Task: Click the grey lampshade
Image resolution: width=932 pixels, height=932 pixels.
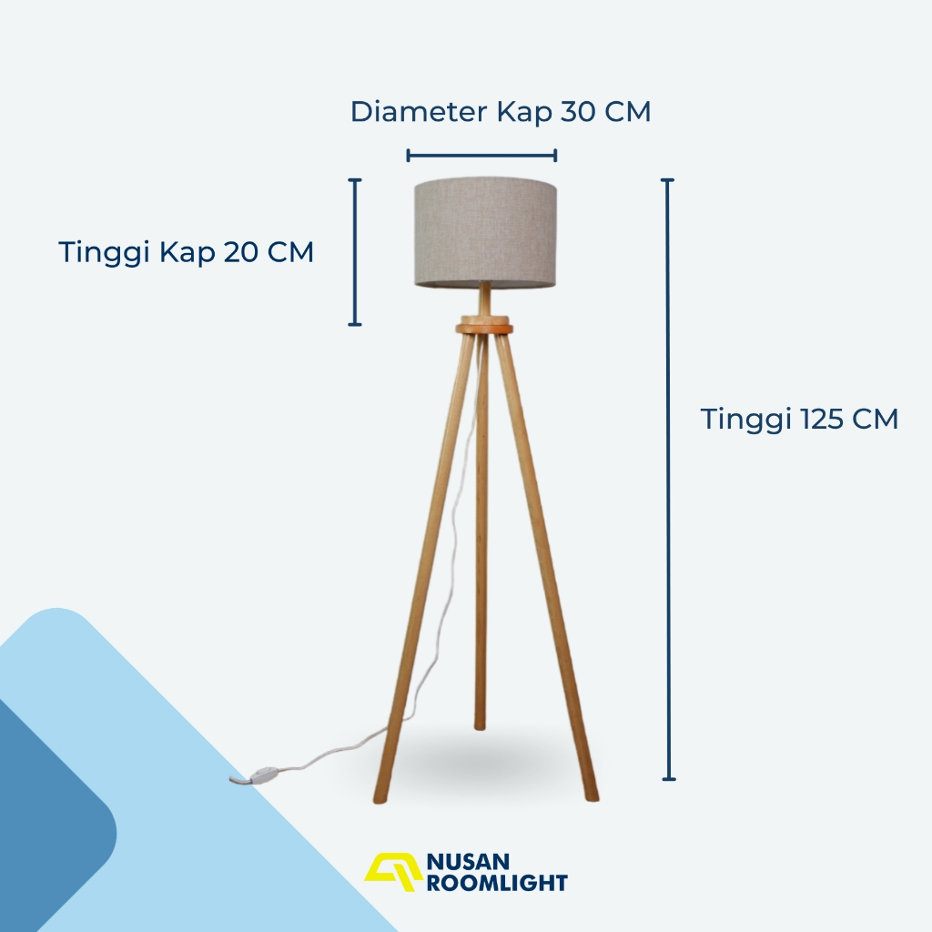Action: [x=485, y=232]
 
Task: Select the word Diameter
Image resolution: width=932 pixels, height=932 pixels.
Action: [x=419, y=112]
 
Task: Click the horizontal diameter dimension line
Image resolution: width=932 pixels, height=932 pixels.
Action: [x=481, y=156]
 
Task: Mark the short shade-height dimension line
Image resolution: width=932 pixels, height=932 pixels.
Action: [x=355, y=252]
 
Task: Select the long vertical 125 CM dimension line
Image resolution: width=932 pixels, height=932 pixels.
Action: [x=668, y=479]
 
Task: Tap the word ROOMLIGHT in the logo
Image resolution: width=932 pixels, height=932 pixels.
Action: [x=498, y=883]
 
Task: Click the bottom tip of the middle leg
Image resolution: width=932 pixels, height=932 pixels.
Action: [x=480, y=726]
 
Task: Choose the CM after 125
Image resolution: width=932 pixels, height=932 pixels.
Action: [x=875, y=419]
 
